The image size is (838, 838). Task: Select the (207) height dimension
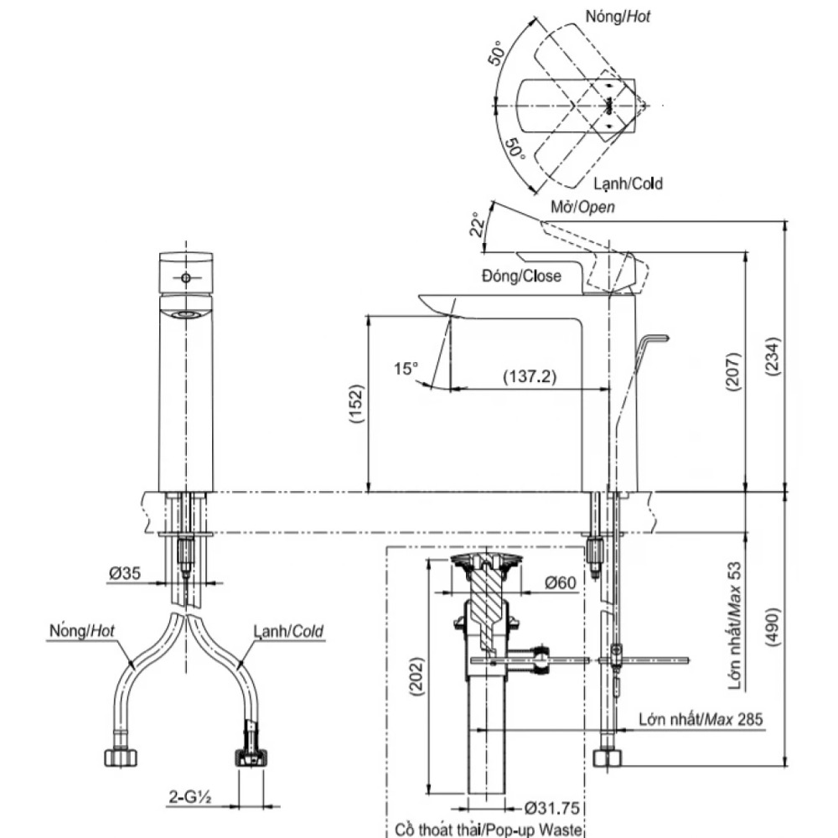coord(732,371)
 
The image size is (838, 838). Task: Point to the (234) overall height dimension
coord(774,356)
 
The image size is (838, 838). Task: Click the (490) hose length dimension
coord(774,624)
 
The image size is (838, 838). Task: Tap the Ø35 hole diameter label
coord(123,573)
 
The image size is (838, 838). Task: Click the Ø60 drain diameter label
coord(559,582)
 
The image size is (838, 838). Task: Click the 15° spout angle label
coord(406,368)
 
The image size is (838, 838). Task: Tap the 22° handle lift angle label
coord(477,224)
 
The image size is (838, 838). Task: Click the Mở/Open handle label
coord(582,206)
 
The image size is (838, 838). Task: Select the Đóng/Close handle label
coord(521,276)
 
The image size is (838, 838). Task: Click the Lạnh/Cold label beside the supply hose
coord(288,630)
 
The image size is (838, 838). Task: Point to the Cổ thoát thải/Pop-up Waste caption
coord(484,829)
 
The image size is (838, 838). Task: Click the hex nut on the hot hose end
coord(122,757)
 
